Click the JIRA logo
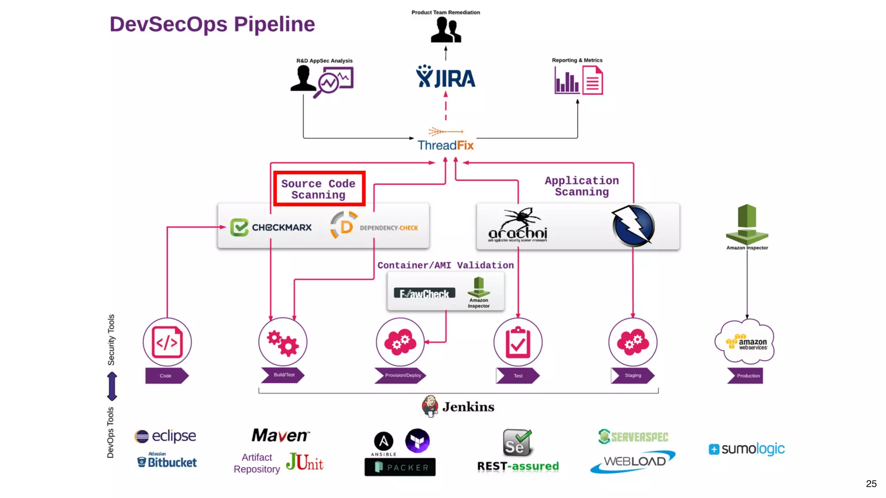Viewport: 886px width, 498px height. click(446, 77)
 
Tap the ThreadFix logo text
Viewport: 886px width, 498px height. click(446, 145)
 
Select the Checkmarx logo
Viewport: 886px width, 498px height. click(271, 227)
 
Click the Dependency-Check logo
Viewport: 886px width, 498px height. click(375, 226)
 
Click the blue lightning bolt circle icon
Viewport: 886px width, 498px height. click(633, 226)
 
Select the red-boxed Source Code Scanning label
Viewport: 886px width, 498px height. click(319, 189)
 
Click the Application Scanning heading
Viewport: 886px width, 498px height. click(581, 186)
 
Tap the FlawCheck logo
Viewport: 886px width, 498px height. click(424, 294)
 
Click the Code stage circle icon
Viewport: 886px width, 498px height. click(167, 342)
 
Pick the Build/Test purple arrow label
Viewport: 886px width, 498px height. click(283, 375)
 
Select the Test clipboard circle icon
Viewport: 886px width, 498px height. click(518, 342)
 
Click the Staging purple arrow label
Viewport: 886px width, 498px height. click(632, 375)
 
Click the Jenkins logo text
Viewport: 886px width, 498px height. click(468, 407)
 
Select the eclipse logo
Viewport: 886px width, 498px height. click(165, 436)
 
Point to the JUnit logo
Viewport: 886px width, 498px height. click(305, 462)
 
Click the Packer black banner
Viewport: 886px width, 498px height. click(400, 467)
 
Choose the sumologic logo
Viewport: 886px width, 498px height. click(746, 449)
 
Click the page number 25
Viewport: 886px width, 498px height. click(871, 484)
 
